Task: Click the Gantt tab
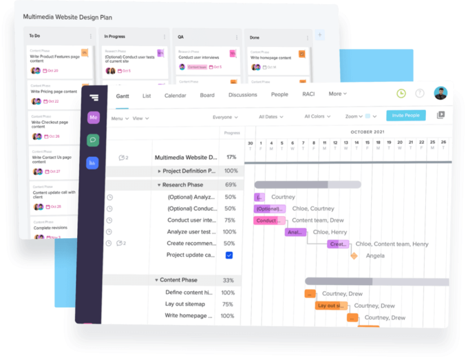point(123,96)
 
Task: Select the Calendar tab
point(175,96)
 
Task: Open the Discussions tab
point(242,95)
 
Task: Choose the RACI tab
point(308,94)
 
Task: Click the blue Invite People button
point(405,116)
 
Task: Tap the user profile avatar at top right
point(440,93)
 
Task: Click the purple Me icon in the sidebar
point(93,118)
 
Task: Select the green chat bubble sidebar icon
point(93,140)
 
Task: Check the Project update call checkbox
point(229,255)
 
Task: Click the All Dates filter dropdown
point(272,117)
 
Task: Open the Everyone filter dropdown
point(225,118)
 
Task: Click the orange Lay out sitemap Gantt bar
point(331,306)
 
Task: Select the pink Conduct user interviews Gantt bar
point(268,220)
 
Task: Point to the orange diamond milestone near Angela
point(354,255)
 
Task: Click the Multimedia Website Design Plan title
point(67,17)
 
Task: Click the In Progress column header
point(116,36)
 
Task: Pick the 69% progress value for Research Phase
point(231,185)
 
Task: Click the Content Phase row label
point(178,280)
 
